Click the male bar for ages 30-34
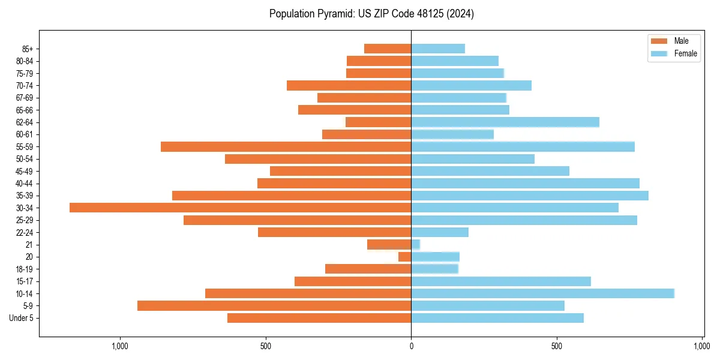coord(240,208)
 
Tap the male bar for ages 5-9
coord(274,305)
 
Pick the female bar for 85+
coord(438,49)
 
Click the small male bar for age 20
coord(405,257)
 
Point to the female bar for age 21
coord(416,244)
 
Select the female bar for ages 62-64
coord(505,122)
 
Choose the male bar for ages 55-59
coord(286,146)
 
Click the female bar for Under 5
coord(497,318)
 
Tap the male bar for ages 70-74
coord(349,85)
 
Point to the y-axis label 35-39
coord(25,196)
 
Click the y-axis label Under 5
coord(22,318)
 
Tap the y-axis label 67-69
coord(25,98)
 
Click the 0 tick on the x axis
coord(411,346)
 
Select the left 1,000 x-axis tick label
coord(120,346)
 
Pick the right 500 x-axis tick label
coord(557,346)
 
